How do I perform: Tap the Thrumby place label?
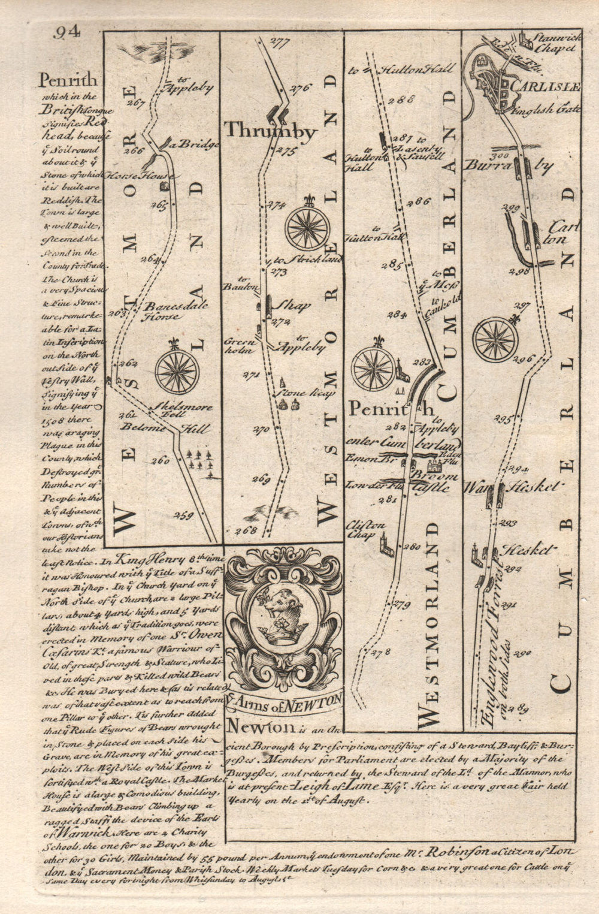[x=270, y=130]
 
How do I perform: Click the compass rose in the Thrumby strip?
[x=307, y=228]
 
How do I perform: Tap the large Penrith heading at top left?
[x=67, y=80]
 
